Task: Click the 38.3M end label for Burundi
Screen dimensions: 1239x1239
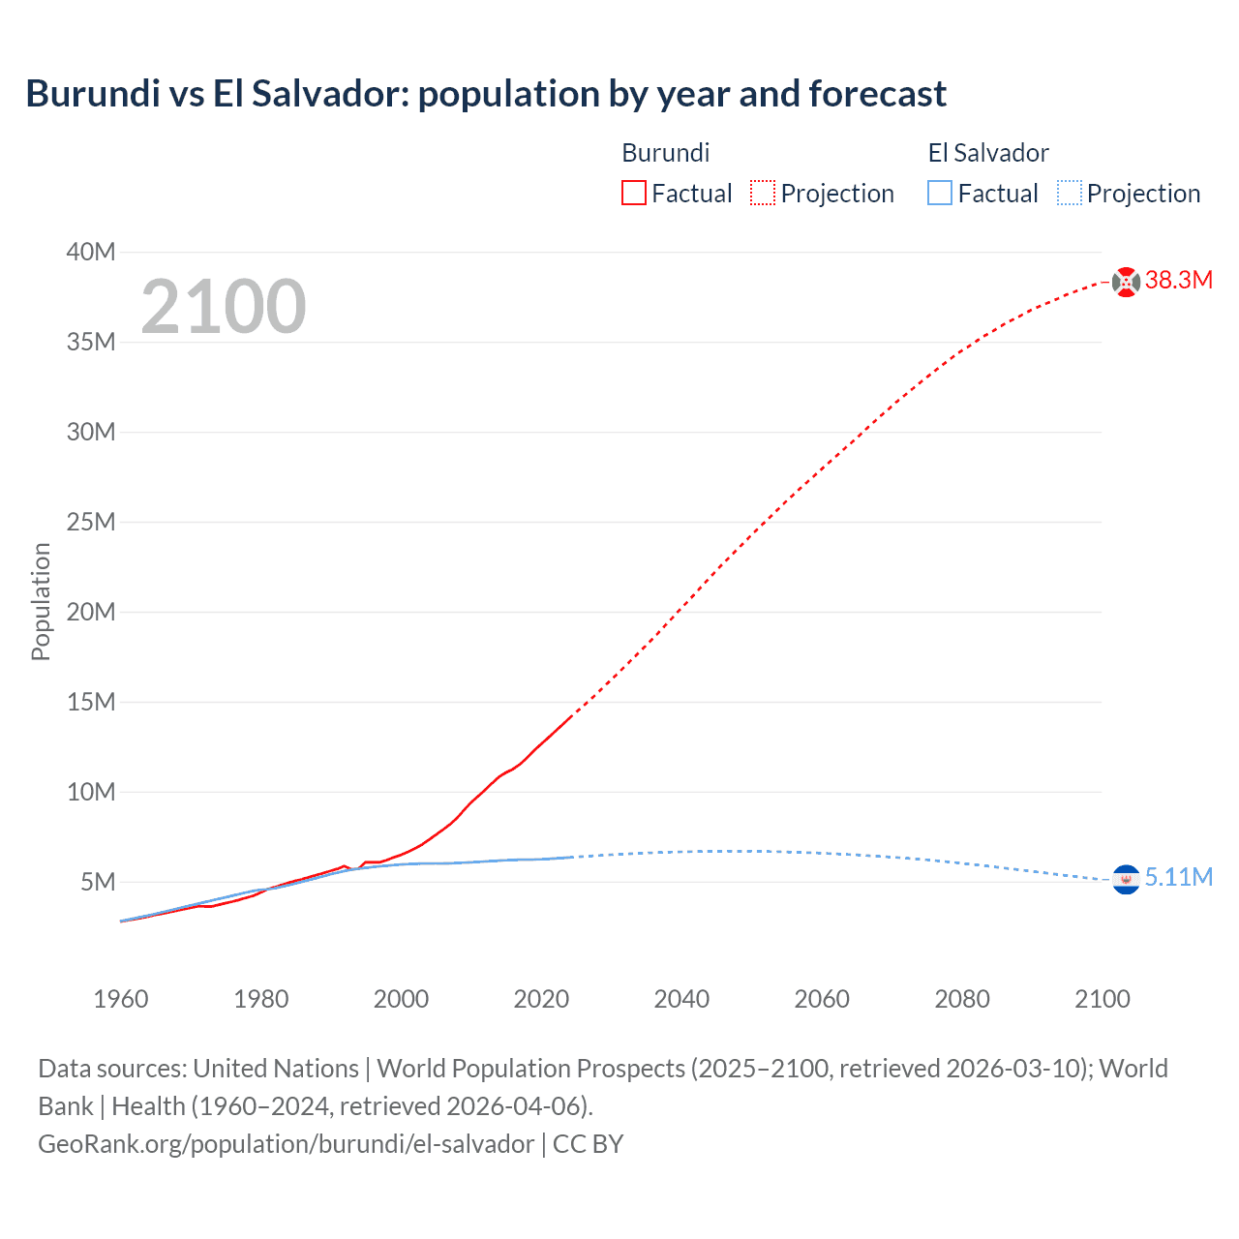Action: point(1178,281)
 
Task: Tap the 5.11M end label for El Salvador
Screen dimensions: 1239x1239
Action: point(1178,878)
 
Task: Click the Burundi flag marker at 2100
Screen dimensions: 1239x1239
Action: point(1126,282)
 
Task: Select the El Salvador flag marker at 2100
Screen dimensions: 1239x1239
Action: point(1126,879)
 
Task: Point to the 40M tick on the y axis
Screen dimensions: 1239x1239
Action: point(91,253)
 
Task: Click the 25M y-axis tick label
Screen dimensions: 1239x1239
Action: point(91,523)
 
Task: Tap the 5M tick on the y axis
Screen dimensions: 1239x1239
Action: point(98,883)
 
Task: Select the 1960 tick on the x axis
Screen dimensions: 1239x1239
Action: point(121,999)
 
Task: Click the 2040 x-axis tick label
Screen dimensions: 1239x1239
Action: point(681,999)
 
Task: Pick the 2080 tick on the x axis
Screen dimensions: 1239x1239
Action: point(962,999)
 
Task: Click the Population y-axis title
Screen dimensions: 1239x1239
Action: point(41,601)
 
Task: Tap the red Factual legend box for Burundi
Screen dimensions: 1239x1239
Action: point(633,193)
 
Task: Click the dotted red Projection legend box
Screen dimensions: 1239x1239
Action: point(763,193)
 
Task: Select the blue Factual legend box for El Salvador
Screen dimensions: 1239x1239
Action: point(940,193)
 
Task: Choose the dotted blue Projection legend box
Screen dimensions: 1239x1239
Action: point(1069,193)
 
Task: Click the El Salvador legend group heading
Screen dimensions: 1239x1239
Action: point(988,153)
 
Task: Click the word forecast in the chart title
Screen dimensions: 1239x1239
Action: point(877,94)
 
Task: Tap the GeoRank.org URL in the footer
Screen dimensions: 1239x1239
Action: point(286,1144)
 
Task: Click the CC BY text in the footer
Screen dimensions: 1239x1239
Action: point(588,1144)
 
